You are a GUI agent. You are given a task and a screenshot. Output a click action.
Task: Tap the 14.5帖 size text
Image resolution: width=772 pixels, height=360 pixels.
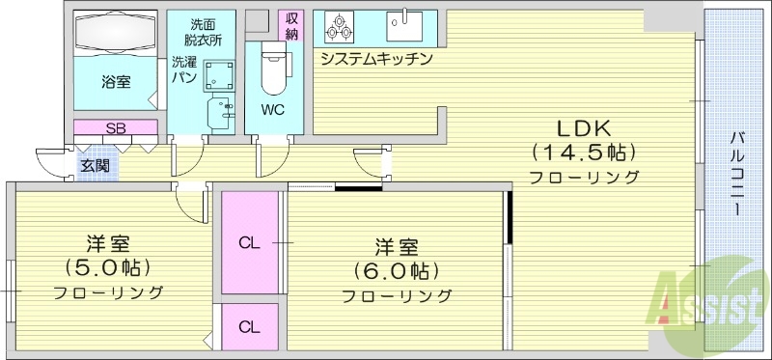point(582,152)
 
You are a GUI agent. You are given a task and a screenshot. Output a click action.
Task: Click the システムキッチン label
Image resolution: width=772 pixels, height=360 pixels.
point(376,58)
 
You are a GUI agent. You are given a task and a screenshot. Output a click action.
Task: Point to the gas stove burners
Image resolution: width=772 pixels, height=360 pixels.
point(341,27)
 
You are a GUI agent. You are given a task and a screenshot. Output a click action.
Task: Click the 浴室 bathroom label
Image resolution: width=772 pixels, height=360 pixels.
point(116,81)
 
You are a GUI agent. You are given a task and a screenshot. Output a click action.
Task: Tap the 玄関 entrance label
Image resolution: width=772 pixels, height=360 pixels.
point(95,166)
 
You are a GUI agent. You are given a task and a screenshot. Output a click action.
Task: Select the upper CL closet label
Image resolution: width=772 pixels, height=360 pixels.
point(249,242)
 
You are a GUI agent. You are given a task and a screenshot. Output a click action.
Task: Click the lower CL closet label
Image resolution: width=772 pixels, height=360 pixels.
point(249,326)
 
